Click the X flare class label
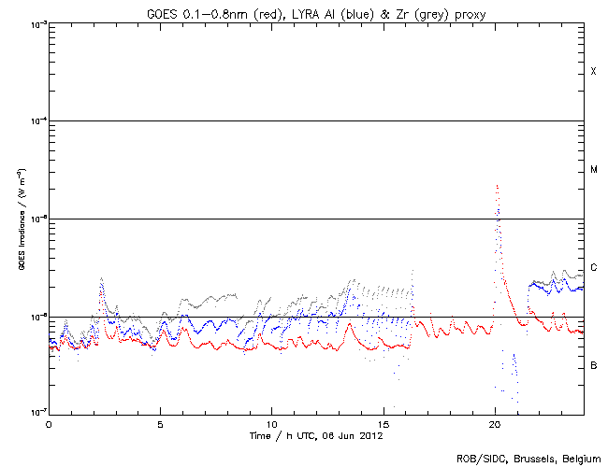click(593, 72)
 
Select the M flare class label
click(593, 170)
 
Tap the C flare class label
click(593, 268)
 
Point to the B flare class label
click(593, 365)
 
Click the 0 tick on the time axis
click(49, 424)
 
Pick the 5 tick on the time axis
click(160, 424)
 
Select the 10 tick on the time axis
click(271, 424)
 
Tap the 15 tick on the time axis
click(383, 424)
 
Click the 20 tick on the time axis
click(494, 424)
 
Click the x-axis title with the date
click(316, 436)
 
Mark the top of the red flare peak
click(497, 186)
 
